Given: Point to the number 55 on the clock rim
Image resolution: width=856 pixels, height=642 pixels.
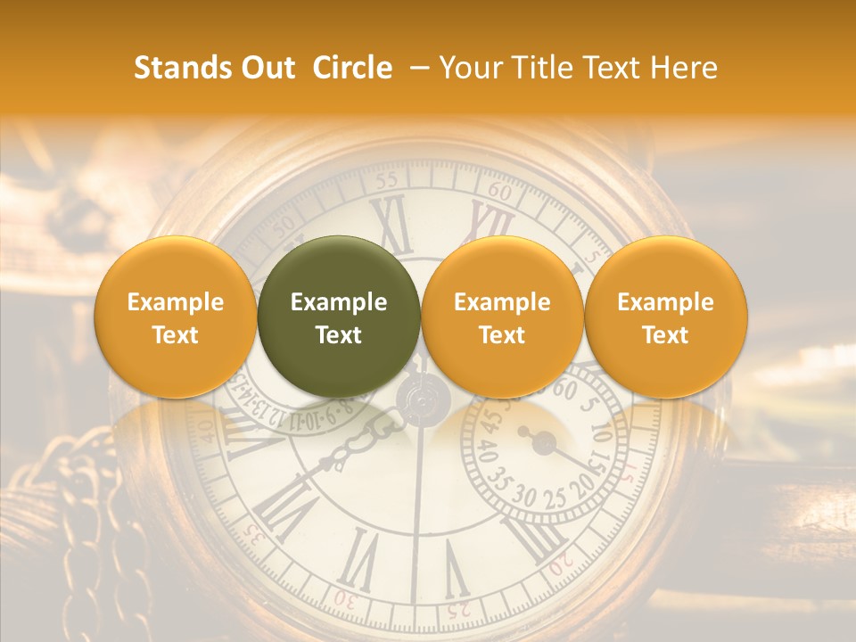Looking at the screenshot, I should [386, 181].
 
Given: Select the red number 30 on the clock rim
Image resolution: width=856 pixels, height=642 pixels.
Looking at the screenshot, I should [344, 600].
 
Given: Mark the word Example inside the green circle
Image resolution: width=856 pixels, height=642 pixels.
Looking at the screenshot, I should [339, 302].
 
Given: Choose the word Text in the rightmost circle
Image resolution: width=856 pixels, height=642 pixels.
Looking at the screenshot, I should [665, 335].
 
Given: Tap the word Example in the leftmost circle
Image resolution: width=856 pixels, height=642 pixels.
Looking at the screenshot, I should [175, 302].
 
